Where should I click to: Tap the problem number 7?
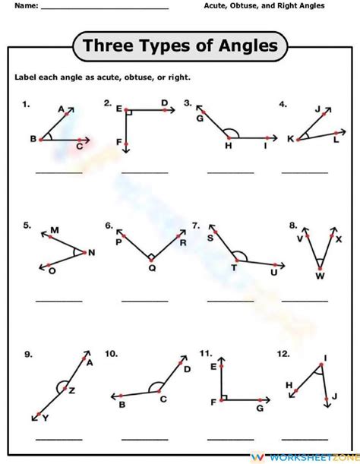(x=195, y=226)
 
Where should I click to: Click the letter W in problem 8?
(x=321, y=276)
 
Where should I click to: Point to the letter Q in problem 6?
(x=151, y=267)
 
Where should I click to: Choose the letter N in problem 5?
(x=92, y=252)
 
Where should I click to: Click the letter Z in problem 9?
(x=72, y=390)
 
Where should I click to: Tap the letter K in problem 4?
(x=289, y=138)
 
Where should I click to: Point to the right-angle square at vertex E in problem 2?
(x=129, y=112)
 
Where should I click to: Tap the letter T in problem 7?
(x=234, y=268)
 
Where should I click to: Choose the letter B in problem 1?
(x=33, y=139)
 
